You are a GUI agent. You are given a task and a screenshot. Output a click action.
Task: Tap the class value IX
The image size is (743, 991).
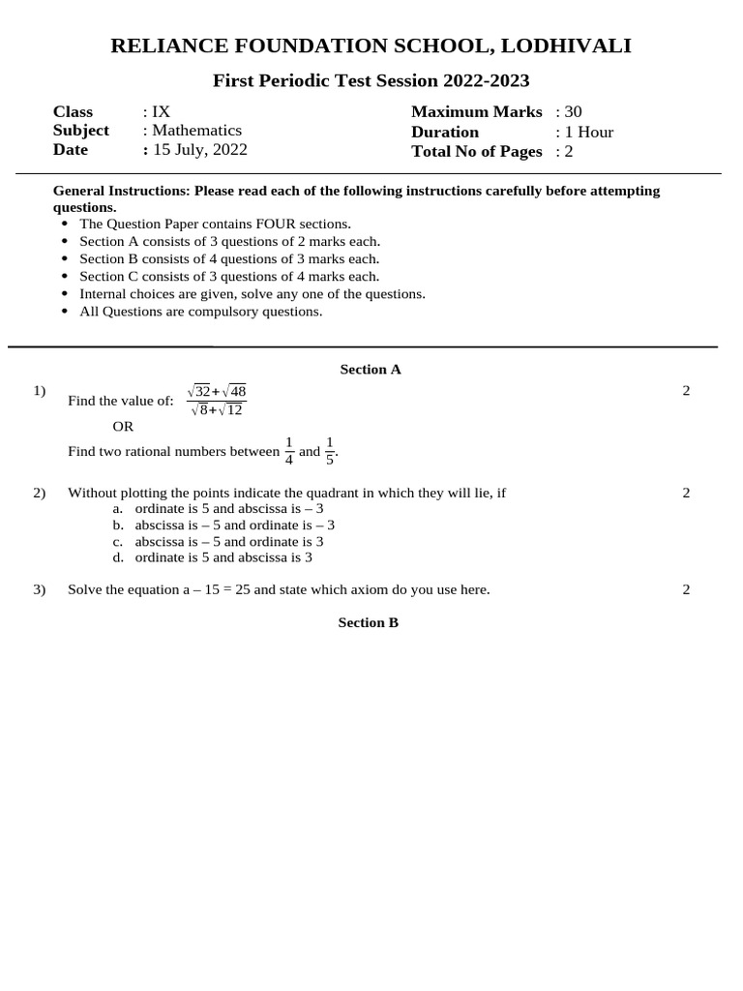pyautogui.click(x=162, y=111)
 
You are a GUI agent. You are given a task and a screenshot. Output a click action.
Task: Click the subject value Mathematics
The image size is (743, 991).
pyautogui.click(x=196, y=131)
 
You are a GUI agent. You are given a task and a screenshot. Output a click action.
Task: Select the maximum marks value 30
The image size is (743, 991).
pyautogui.click(x=573, y=112)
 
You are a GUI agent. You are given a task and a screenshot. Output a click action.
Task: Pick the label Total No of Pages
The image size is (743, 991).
pyautogui.click(x=476, y=151)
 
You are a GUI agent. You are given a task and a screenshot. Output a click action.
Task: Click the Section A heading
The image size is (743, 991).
pyautogui.click(x=370, y=369)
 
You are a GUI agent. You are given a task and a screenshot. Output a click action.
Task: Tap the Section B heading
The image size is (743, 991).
pyautogui.click(x=368, y=622)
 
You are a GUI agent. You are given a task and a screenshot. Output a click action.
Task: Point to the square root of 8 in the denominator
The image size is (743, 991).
pyautogui.click(x=198, y=409)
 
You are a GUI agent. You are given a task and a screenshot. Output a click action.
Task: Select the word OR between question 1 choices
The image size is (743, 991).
pyautogui.click(x=123, y=426)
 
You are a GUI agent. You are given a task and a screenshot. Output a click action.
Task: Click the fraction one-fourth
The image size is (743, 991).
pyautogui.click(x=288, y=451)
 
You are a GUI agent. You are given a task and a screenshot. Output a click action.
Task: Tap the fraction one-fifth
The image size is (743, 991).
pyautogui.click(x=330, y=451)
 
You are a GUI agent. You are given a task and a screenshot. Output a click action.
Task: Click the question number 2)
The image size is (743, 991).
pyautogui.click(x=40, y=493)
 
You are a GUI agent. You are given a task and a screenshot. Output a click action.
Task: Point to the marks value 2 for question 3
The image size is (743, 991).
pyautogui.click(x=686, y=589)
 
